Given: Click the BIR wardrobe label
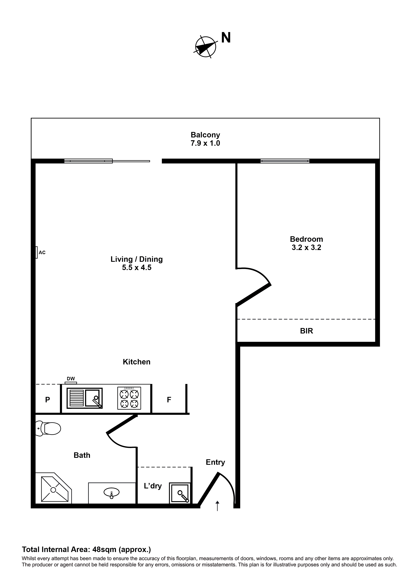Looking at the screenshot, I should (306, 331).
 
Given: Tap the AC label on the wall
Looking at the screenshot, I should (42, 252).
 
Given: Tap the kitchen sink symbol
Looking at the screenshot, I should (85, 398).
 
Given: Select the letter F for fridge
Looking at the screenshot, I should (169, 400).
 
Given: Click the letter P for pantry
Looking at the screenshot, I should (47, 400).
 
